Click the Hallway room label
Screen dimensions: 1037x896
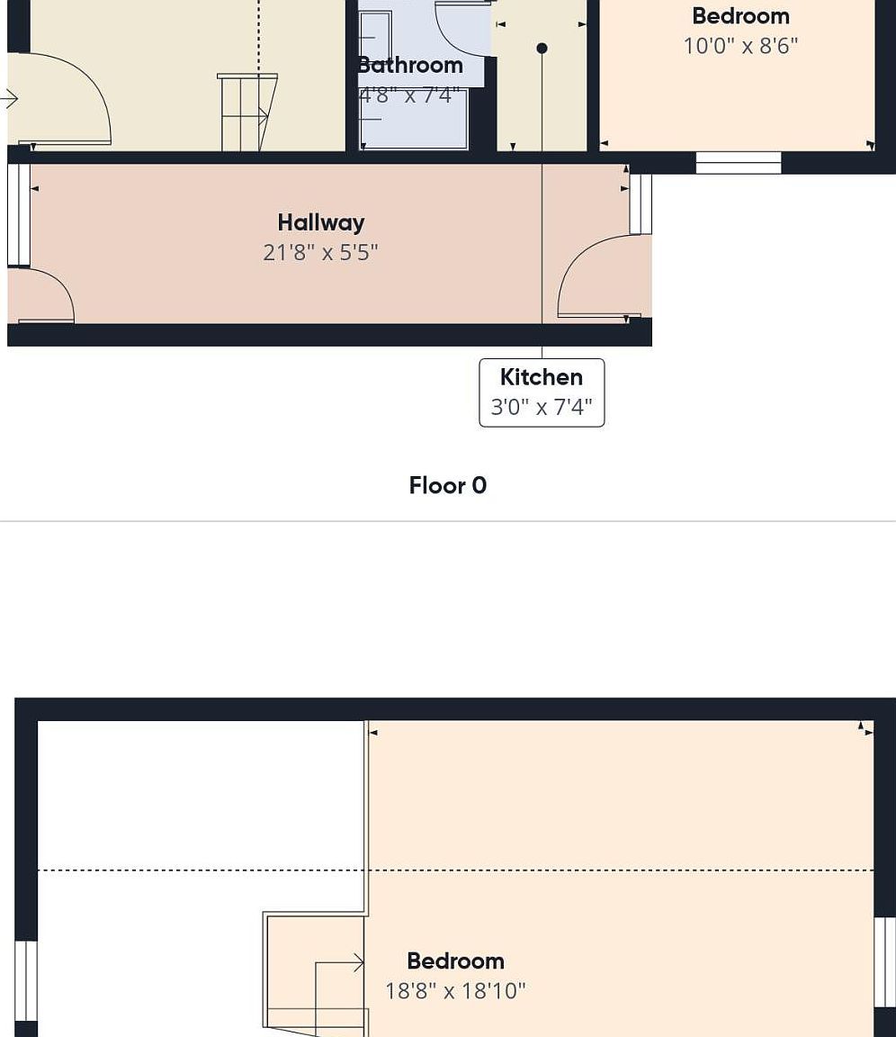[x=320, y=222]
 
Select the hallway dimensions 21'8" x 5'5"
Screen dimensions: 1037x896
[x=320, y=252]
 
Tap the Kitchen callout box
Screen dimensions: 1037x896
[x=542, y=392]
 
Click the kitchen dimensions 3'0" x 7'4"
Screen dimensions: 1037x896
[x=542, y=407]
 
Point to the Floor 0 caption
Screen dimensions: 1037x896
[x=447, y=486]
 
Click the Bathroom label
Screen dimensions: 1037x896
[x=410, y=65]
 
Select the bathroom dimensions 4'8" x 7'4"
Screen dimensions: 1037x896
[x=410, y=95]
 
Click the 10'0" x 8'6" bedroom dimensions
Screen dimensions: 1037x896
[x=740, y=46]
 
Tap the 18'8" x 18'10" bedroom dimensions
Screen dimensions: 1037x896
[x=455, y=991]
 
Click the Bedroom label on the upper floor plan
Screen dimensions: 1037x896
[x=455, y=961]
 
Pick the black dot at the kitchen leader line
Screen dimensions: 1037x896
[x=542, y=48]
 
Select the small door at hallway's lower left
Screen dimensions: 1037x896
[x=41, y=297]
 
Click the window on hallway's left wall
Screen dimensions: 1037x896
[x=18, y=215]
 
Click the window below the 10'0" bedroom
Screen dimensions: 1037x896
[x=739, y=163]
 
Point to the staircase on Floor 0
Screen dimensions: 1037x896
[x=246, y=113]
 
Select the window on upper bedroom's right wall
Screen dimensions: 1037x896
[x=885, y=962]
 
